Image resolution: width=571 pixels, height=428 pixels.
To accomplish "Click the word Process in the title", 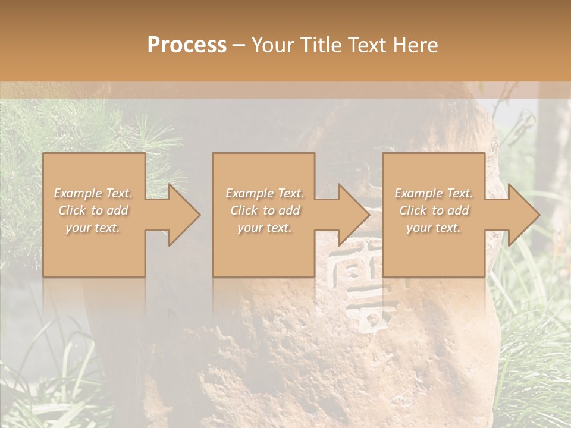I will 187,45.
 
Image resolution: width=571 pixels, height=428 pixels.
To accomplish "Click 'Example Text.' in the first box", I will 93,193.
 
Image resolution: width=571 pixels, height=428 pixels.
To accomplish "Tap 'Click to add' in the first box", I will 93,210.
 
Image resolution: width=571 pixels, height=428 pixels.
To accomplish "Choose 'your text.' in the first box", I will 93,228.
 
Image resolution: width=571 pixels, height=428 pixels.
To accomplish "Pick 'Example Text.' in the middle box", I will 264,193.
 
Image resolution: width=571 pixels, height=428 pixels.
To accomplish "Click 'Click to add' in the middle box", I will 264,210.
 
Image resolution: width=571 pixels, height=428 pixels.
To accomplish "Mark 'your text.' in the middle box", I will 264,228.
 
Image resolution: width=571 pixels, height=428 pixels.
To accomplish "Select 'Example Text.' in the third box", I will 434,193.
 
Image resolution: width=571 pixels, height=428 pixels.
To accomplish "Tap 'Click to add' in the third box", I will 434,210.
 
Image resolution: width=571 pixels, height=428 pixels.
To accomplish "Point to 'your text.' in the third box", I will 434,228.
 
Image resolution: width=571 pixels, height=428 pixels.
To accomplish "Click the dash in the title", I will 239,45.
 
